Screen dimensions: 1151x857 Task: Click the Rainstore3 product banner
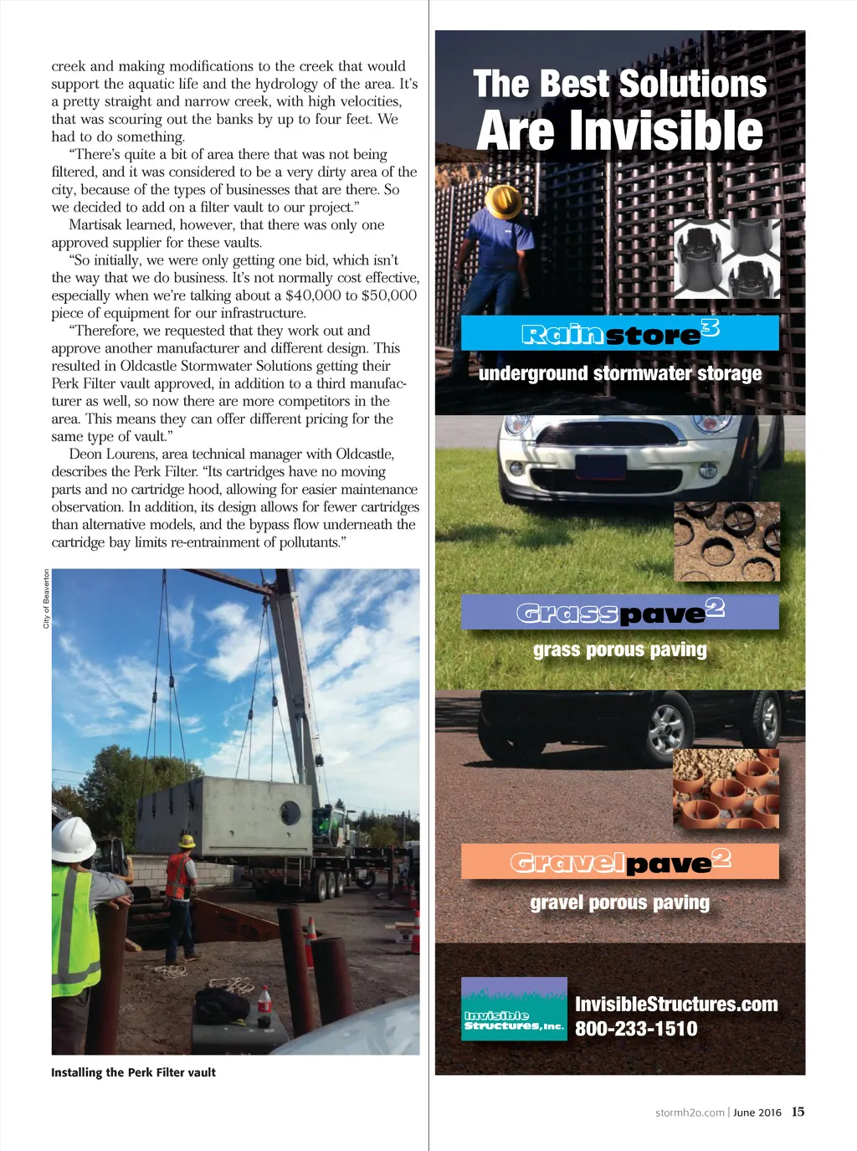tap(619, 333)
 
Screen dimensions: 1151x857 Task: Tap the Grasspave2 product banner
tap(619, 612)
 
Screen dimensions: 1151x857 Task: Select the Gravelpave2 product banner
tap(619, 861)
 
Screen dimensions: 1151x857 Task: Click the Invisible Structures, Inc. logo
tap(514, 1009)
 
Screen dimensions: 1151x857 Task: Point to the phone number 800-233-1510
tap(636, 1029)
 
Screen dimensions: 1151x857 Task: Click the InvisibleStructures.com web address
tap(676, 1004)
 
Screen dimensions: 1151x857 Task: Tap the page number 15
tap(798, 1112)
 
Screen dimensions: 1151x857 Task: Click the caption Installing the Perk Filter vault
tap(133, 1072)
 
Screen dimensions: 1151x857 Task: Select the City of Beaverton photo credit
tap(46, 599)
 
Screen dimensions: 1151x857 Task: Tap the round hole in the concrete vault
tap(290, 811)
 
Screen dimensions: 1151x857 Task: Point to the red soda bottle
tap(264, 1006)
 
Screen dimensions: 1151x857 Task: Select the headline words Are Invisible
tap(619, 131)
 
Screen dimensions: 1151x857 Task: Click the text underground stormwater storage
tap(619, 373)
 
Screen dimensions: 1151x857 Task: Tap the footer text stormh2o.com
tap(690, 1112)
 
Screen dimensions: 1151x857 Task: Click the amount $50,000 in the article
tap(389, 295)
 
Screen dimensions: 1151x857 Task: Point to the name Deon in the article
tap(85, 454)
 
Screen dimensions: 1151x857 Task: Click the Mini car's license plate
tap(600, 465)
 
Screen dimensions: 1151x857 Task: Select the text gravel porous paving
tap(619, 902)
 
